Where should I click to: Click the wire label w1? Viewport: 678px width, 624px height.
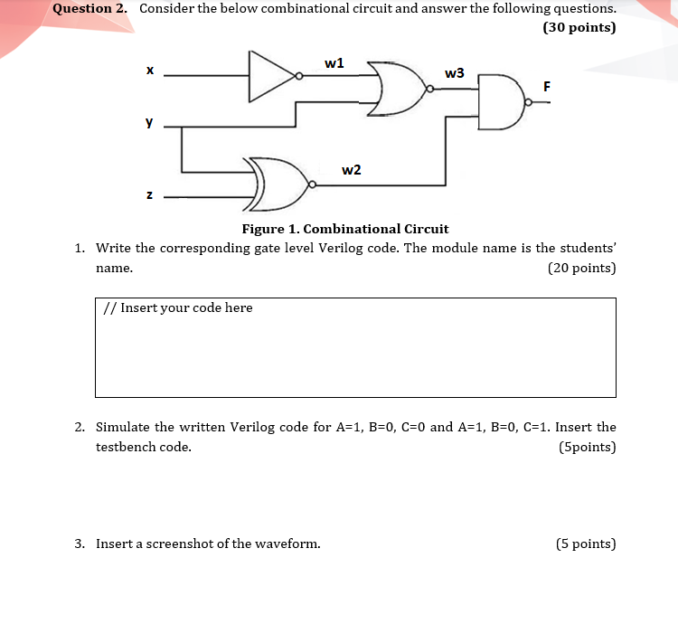pyautogui.click(x=334, y=62)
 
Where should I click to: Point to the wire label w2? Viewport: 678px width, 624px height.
pyautogui.click(x=352, y=170)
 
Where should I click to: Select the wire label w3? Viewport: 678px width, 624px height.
pyautogui.click(x=455, y=72)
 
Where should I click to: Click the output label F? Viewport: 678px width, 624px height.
pyautogui.click(x=546, y=86)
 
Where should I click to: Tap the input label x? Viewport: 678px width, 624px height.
pyautogui.click(x=149, y=70)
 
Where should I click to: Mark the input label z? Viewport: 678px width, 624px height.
pyautogui.click(x=149, y=194)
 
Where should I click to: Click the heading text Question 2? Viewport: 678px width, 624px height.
pyautogui.click(x=89, y=8)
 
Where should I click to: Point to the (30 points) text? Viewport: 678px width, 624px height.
pyautogui.click(x=579, y=27)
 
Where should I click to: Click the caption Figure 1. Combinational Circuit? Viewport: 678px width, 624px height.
pyautogui.click(x=344, y=229)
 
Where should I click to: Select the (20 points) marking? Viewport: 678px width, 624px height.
pyautogui.click(x=581, y=268)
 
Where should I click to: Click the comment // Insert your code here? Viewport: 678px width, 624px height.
pyautogui.click(x=177, y=307)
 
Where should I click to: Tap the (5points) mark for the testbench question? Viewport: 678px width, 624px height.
pyautogui.click(x=588, y=447)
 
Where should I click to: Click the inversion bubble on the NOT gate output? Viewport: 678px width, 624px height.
pyautogui.click(x=299, y=77)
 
